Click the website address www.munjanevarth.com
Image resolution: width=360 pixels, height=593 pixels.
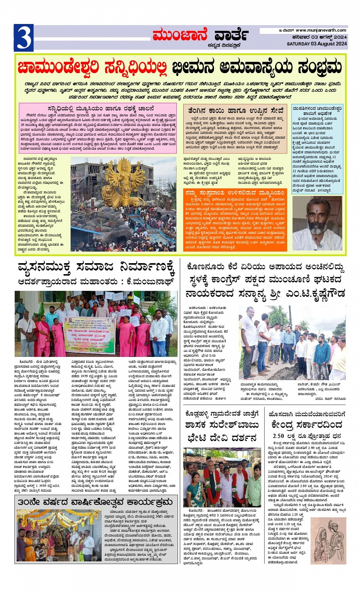[x=321, y=30]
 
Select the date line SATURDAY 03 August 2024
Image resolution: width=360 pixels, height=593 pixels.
[x=317, y=44]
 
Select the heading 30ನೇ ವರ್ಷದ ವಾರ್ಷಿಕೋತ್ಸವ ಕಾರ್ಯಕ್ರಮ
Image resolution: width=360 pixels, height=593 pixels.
[x=95, y=502]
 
